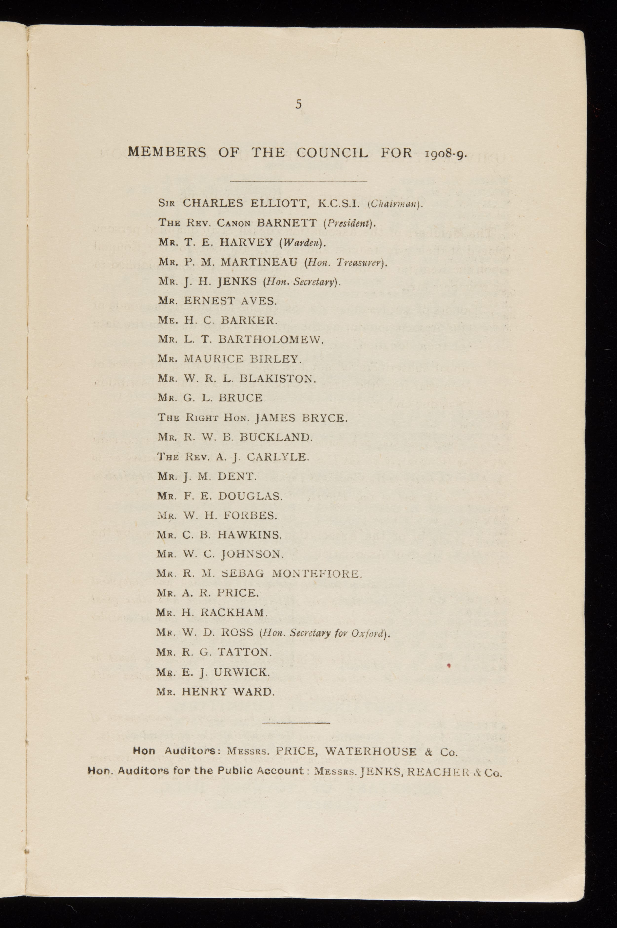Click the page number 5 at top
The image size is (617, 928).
(299, 104)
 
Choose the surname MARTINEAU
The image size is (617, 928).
(259, 262)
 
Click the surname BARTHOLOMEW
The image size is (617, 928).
(270, 339)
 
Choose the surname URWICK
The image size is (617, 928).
(242, 672)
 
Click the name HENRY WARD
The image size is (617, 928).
(228, 692)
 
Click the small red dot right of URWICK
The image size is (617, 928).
(449, 665)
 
